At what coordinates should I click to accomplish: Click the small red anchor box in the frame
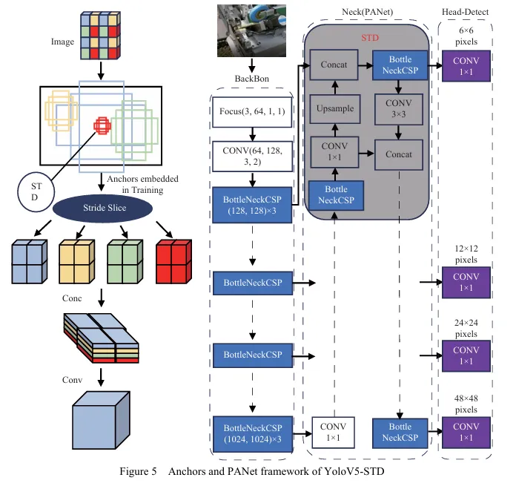tap(102, 126)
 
